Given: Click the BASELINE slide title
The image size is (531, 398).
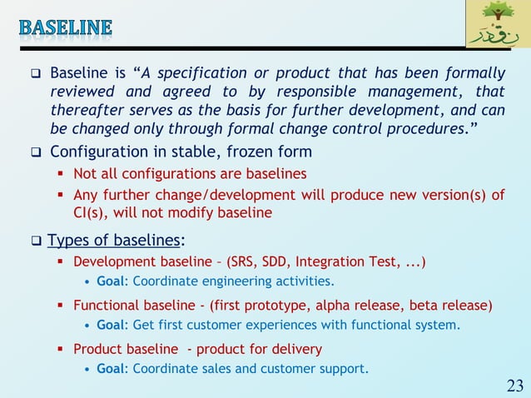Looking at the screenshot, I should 65,27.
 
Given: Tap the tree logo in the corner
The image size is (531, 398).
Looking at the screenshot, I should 495,24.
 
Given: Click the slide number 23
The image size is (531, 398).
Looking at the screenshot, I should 514,385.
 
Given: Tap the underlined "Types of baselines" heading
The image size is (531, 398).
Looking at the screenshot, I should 114,241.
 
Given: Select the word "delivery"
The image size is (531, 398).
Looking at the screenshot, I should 295,349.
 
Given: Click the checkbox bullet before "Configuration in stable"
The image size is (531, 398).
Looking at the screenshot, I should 37,152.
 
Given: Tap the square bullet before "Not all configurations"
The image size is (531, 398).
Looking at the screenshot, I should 62,174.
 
